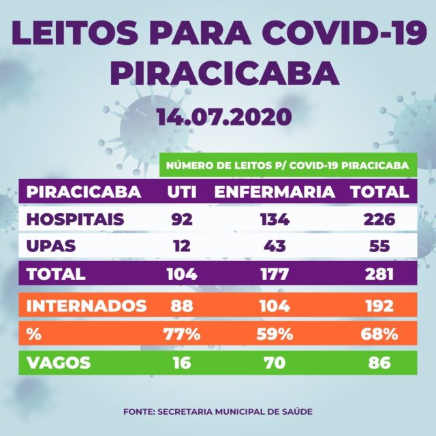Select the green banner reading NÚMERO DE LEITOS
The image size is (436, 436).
coord(288,165)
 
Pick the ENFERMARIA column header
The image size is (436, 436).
coord(275,192)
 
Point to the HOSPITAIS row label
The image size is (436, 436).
coord(75,220)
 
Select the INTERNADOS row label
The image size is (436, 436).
coord(86,305)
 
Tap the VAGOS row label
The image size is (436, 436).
coord(59,362)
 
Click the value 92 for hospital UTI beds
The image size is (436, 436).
coord(183,220)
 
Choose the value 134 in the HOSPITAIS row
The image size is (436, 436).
coord(275,220)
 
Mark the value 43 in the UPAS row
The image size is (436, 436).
coord(275,247)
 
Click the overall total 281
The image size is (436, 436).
coord(379,275)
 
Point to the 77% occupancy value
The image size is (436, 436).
coord(183,334)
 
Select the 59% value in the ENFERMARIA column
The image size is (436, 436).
coord(275,334)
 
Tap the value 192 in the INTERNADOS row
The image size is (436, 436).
coord(379,305)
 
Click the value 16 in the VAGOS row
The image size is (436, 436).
coord(183,362)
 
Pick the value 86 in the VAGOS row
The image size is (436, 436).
coord(379,362)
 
